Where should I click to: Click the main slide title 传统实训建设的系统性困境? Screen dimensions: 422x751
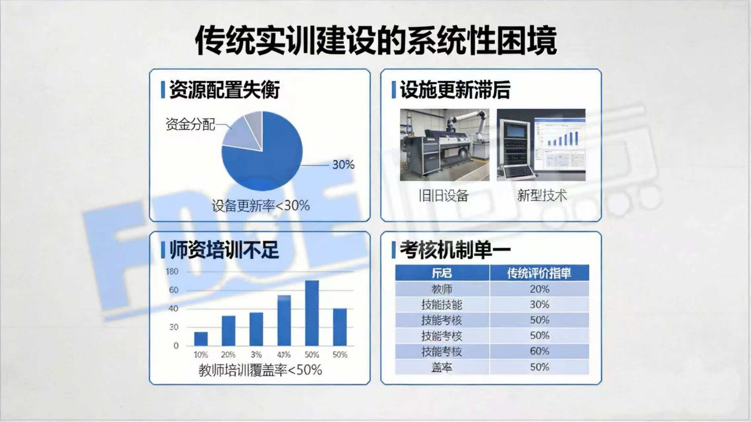tap(375, 40)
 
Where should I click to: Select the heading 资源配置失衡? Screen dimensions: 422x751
tap(224, 90)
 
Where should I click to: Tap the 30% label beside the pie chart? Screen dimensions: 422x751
tap(343, 165)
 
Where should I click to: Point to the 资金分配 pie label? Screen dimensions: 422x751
tap(190, 124)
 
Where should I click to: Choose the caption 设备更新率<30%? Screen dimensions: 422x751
tap(261, 206)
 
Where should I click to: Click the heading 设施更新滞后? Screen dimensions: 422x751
tap(455, 90)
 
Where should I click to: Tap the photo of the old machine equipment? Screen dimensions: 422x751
tap(444, 145)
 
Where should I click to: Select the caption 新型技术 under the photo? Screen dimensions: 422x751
tap(542, 195)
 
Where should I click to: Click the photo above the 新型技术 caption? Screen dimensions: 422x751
tap(541, 145)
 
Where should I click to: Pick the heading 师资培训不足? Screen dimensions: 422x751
tap(224, 250)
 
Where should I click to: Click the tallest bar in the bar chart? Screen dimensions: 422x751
tap(312, 313)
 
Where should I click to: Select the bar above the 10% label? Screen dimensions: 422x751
tap(201, 339)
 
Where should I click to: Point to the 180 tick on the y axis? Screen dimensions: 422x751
tap(172, 271)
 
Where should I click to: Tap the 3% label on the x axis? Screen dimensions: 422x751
tap(256, 355)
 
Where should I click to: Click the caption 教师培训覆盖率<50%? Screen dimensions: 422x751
tap(260, 370)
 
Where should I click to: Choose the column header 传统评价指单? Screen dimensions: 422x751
tap(539, 273)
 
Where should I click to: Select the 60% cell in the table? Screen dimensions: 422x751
tap(539, 351)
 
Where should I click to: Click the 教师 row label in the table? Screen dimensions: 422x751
tap(442, 289)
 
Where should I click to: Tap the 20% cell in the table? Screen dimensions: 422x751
tap(539, 289)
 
